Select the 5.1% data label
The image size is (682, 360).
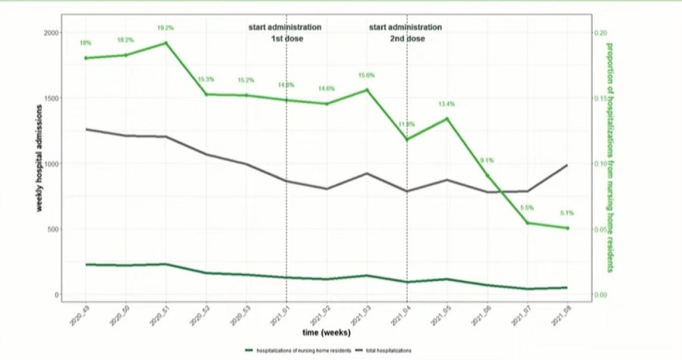point(567,213)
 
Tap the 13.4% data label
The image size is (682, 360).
point(447,104)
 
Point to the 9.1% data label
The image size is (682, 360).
point(487,160)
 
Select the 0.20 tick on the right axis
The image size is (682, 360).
point(600,33)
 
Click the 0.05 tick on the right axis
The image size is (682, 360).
point(600,230)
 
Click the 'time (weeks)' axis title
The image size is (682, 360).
point(326,333)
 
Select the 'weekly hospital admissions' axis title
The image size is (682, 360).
point(40,164)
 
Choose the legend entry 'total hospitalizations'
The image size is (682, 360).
point(389,351)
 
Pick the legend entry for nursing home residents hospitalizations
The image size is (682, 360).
point(303,351)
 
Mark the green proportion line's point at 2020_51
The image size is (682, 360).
point(166,43)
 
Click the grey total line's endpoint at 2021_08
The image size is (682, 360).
point(567,165)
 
